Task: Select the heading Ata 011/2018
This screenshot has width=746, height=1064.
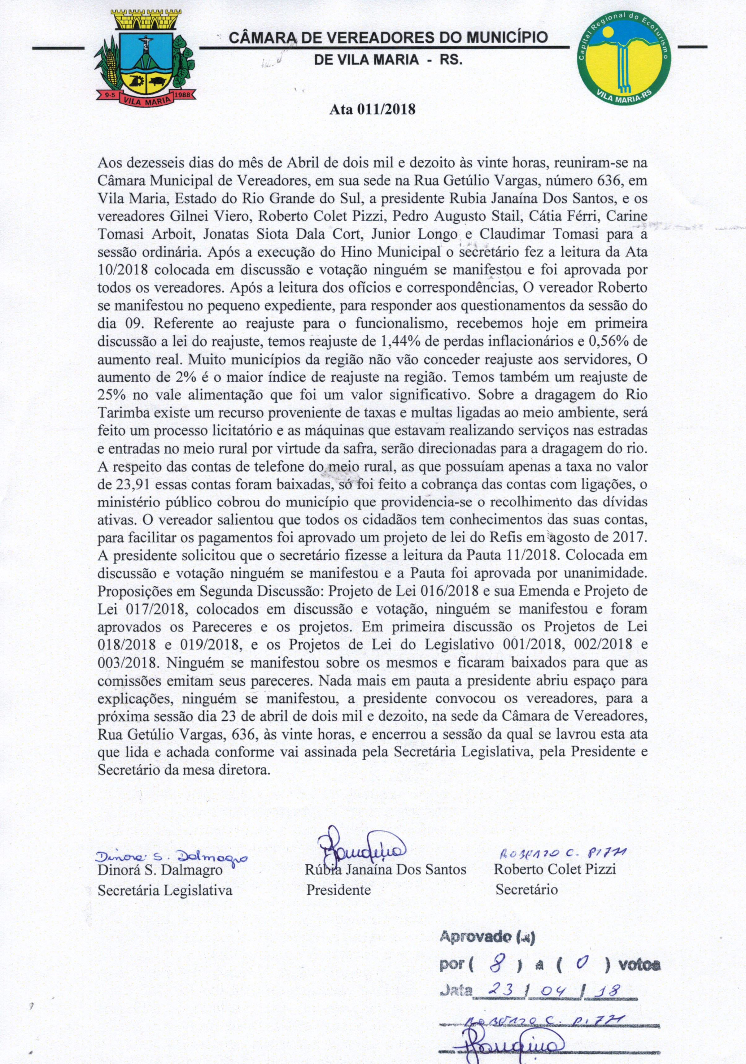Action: coord(372,110)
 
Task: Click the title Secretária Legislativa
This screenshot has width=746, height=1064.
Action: coord(165,890)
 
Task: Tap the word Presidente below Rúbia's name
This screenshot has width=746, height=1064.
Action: coord(338,890)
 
